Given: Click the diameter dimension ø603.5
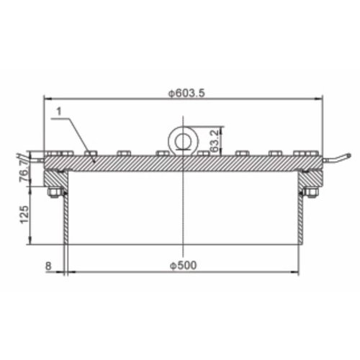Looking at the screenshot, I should pos(183,92).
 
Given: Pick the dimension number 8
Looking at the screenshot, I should pos(48,266).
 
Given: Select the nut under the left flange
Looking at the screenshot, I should pos(53,193).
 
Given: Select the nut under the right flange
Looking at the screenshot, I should pos(312,192).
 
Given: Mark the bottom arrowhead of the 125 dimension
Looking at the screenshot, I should pos(30,243).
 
